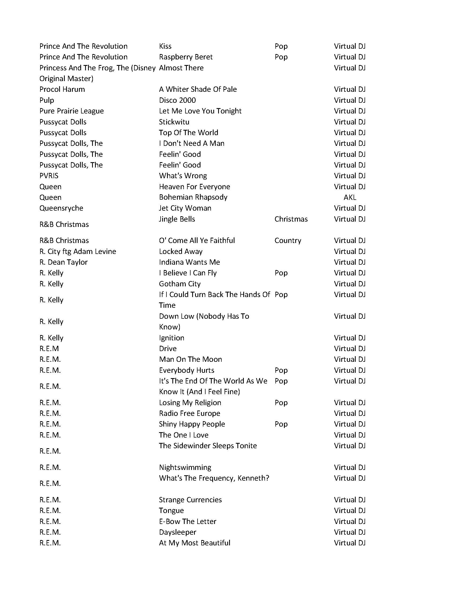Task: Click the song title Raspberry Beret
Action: pyautogui.click(x=185, y=57)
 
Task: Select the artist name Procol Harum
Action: pyautogui.click(x=62, y=89)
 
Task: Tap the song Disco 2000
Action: pyautogui.click(x=177, y=100)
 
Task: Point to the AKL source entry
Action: pyautogui.click(x=350, y=197)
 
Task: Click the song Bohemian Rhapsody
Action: pyautogui.click(x=193, y=197)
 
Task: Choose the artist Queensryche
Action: pyautogui.click(x=61, y=208)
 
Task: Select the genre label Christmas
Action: pyautogui.click(x=291, y=219)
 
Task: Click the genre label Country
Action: pyautogui.click(x=287, y=240)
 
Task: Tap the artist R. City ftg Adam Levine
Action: pyautogui.click(x=78, y=251)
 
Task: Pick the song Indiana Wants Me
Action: pyautogui.click(x=189, y=262)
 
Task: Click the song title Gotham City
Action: pyautogui.click(x=180, y=284)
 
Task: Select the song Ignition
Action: pyautogui.click(x=172, y=338)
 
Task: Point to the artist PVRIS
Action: pyautogui.click(x=49, y=176)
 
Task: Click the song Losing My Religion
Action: pyautogui.click(x=190, y=402)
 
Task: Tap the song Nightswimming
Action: pyautogui.click(x=185, y=467)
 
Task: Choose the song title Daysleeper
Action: pyautogui.click(x=177, y=532)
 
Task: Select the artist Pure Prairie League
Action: pyautogui.click(x=71, y=111)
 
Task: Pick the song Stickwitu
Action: pyautogui.click(x=174, y=122)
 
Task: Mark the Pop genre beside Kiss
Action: pyautogui.click(x=281, y=46)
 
